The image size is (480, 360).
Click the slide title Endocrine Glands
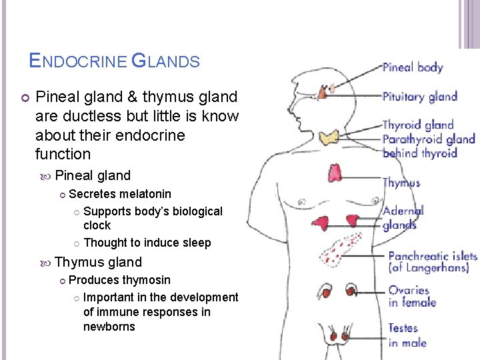[x=115, y=61]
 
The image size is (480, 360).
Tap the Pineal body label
[x=413, y=67]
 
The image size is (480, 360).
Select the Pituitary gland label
[x=419, y=97]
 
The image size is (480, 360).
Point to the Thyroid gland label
[x=417, y=125]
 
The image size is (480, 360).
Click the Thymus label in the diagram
[x=401, y=183]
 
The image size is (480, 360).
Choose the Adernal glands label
[x=403, y=218]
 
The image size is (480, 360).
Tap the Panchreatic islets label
[x=433, y=261]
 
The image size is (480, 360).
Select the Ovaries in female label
[x=412, y=296]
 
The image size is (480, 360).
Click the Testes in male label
[x=407, y=335]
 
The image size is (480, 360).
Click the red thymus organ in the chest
[x=334, y=173]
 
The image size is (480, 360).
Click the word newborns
[x=109, y=327]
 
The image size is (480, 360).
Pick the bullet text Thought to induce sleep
[x=147, y=243]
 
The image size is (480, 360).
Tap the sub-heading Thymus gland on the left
[x=98, y=262]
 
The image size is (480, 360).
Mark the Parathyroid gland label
[x=429, y=139]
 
